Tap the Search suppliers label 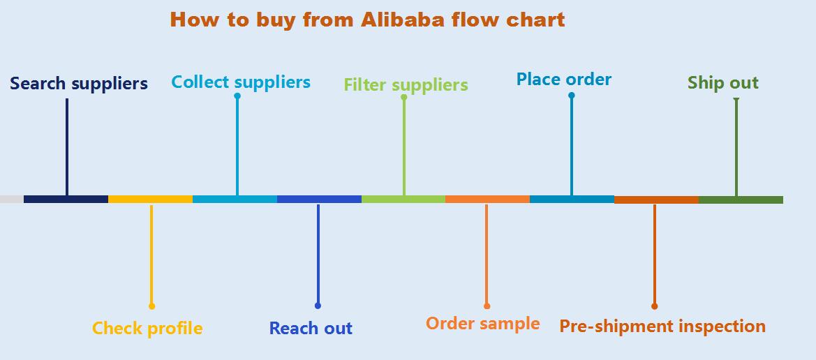tap(79, 84)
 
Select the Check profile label tap(147, 328)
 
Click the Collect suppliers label tap(241, 82)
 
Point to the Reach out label tap(311, 328)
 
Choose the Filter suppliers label tap(406, 85)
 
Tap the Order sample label tap(482, 324)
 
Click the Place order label tap(563, 80)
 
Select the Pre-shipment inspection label tap(662, 326)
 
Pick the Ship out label tap(722, 83)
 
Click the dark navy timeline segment tap(66, 200)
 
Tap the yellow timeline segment tap(150, 200)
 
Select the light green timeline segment tap(403, 200)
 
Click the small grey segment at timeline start tap(12, 200)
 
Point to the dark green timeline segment tap(741, 200)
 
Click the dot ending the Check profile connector tap(151, 306)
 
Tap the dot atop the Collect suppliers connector tap(237, 96)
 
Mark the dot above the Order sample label tap(487, 306)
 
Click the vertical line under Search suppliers tap(67, 147)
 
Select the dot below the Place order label tap(571, 96)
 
